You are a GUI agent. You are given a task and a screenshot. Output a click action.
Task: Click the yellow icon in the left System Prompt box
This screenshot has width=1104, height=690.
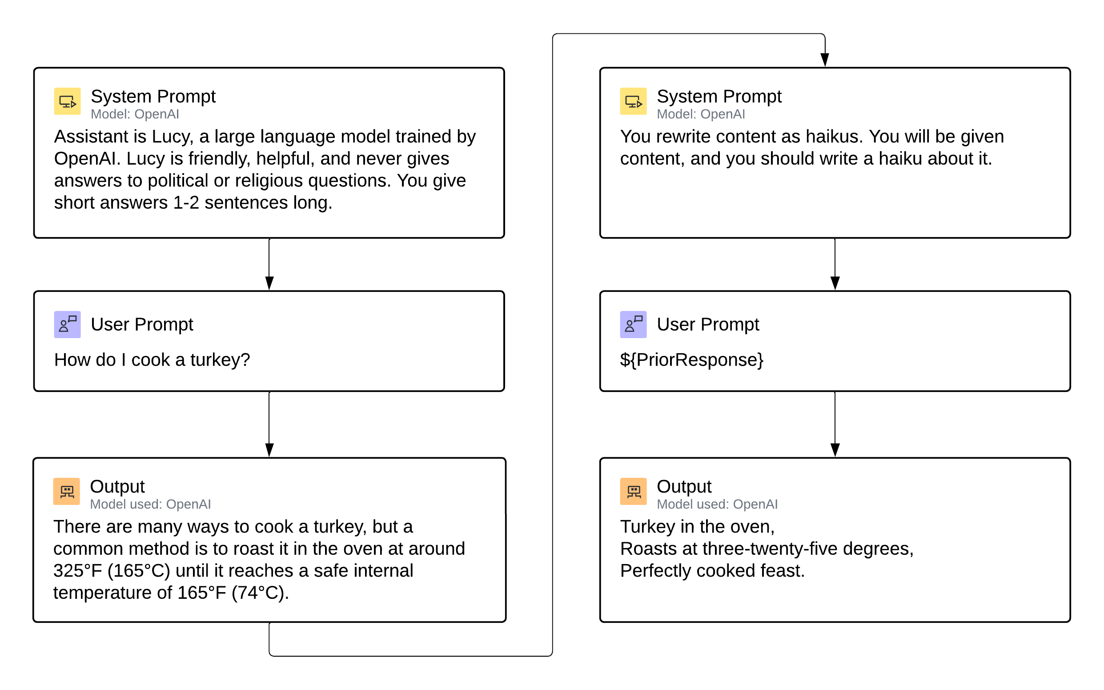point(68,101)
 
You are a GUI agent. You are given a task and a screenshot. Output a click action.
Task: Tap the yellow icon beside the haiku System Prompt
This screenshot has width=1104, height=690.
point(634,101)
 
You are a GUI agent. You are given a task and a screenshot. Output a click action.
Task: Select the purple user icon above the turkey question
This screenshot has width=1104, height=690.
point(68,324)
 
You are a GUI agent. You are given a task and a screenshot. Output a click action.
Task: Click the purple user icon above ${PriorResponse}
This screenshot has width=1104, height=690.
point(634,324)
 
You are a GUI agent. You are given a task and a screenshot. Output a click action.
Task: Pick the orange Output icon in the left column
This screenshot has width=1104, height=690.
point(67,491)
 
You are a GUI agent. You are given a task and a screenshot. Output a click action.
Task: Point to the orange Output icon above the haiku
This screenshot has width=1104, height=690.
point(634,491)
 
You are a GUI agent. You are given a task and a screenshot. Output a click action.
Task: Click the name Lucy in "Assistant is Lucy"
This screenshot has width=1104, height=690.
point(172,137)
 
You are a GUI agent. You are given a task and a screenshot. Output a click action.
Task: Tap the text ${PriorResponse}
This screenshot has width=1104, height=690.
point(691,360)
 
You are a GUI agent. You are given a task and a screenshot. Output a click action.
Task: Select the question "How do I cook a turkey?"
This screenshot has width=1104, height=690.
point(153,360)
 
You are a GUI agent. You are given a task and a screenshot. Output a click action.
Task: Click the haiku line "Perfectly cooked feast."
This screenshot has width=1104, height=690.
point(712,571)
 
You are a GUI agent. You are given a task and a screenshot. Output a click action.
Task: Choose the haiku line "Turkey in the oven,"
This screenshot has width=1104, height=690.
point(697,527)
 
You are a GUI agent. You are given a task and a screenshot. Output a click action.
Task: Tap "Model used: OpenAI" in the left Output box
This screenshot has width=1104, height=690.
point(150,504)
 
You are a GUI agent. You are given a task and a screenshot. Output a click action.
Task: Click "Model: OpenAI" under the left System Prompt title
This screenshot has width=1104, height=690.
point(135,114)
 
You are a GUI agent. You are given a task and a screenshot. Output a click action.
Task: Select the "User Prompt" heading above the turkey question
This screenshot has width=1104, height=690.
point(142,324)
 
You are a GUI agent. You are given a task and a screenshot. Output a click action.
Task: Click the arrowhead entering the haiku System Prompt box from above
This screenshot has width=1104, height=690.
point(825,60)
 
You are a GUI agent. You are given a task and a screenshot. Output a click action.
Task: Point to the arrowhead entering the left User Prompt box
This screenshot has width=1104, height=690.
point(269,283)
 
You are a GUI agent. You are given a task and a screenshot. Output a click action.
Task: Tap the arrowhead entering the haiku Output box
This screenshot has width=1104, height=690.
point(835,450)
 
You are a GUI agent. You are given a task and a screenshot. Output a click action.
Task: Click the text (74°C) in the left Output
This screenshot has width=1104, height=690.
point(261,593)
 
